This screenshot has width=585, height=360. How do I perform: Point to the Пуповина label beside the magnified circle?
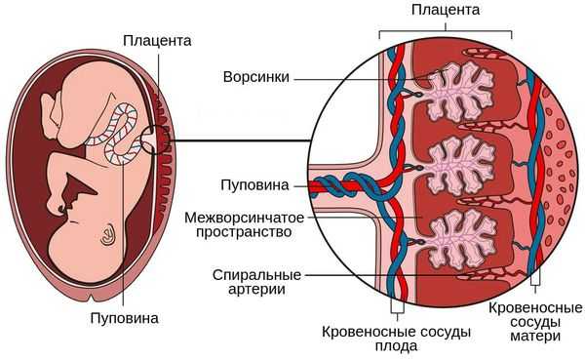tap(254, 184)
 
